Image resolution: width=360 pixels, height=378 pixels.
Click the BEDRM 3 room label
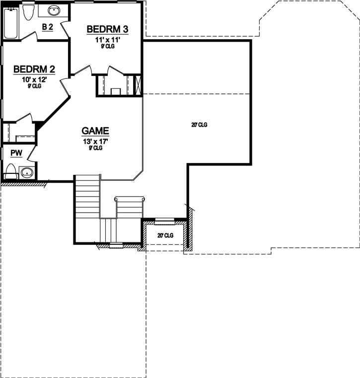107,29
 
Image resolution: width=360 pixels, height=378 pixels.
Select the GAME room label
95,131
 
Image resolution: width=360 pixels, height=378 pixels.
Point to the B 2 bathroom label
47,26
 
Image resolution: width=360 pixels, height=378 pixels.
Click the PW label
16,153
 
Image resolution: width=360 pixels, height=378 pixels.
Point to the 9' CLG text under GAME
95,148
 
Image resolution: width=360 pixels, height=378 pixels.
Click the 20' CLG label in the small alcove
165,235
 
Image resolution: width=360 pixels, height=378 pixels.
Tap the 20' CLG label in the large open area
199,125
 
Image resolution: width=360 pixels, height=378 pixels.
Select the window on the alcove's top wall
164,220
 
